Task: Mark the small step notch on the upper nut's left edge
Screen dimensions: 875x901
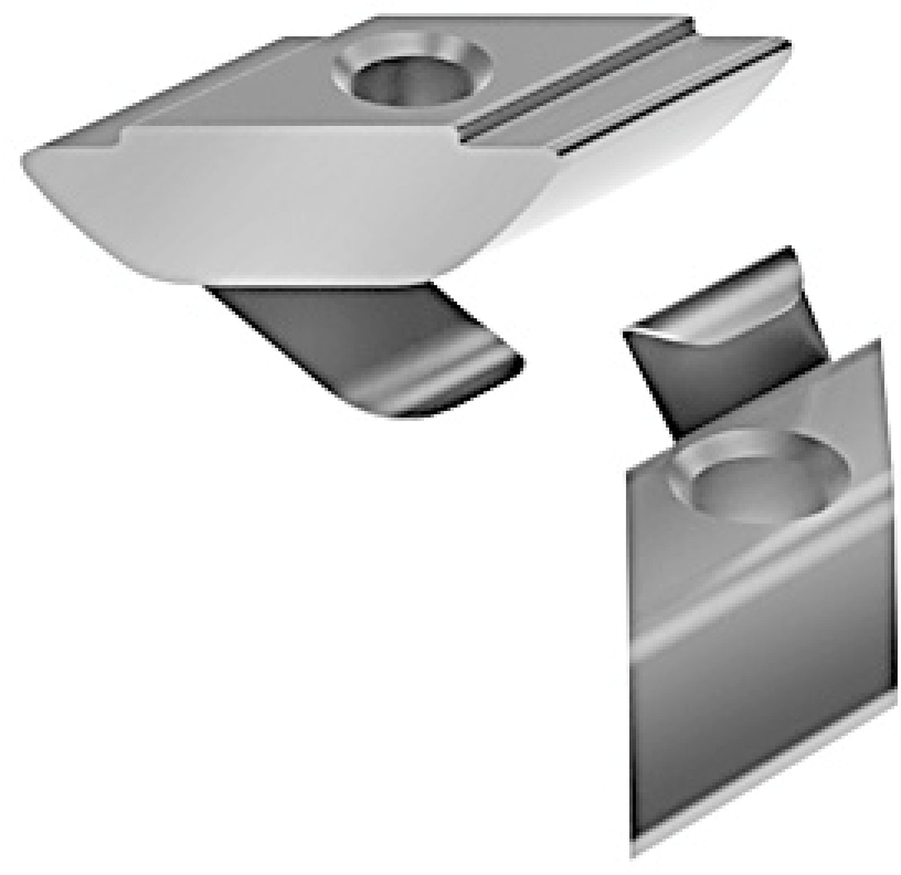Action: (121, 135)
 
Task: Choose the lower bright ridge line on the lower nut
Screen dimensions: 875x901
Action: (760, 620)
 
